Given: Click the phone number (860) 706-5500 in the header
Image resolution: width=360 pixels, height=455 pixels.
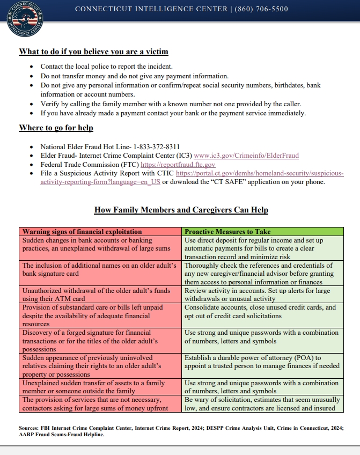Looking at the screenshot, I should click(261, 9).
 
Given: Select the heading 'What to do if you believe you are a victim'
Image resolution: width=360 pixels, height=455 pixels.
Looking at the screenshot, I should click(93, 52).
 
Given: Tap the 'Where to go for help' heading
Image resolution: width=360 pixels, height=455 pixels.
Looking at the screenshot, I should click(56, 128).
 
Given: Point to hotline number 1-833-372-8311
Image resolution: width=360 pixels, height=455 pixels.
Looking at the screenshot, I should click(156, 146).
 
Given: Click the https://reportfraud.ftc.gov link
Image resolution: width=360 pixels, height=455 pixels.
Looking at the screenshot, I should click(178, 165).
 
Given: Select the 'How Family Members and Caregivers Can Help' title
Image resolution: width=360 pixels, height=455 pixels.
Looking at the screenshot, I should click(181, 210).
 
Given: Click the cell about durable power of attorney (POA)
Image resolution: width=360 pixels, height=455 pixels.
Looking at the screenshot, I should click(262, 362).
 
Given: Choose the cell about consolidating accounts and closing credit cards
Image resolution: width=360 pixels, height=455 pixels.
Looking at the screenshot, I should click(262, 312).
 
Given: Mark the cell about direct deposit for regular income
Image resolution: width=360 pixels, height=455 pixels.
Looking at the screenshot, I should click(262, 248).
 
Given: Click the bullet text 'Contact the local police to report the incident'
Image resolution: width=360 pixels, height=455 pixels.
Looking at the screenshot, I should click(107, 67).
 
